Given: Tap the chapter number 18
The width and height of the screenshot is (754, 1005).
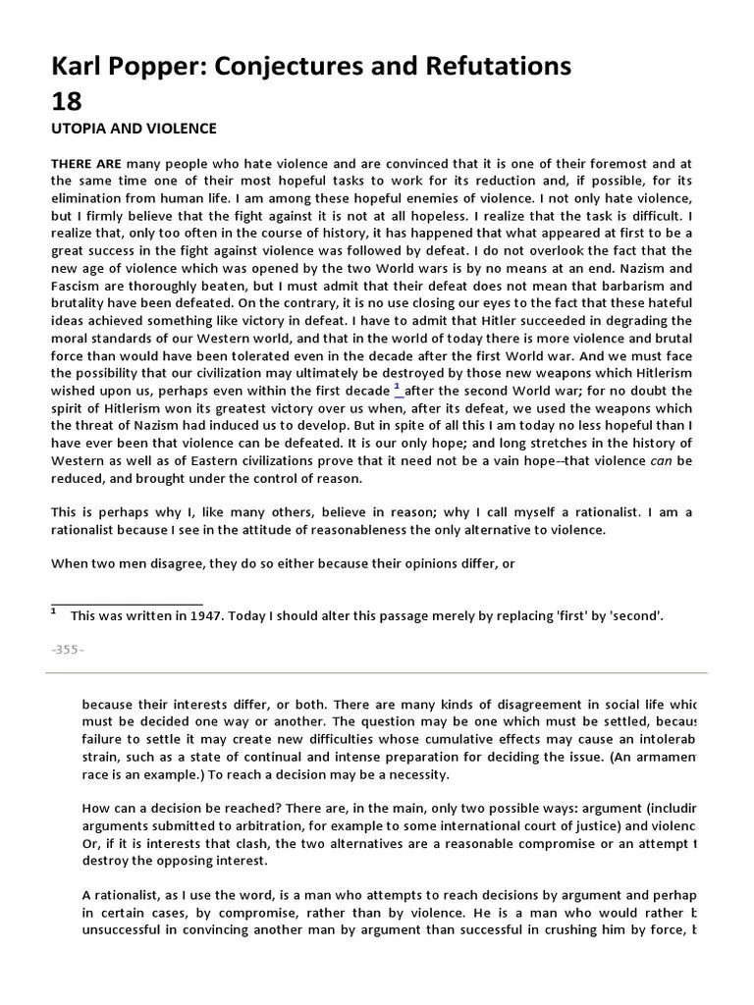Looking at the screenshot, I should (x=66, y=101).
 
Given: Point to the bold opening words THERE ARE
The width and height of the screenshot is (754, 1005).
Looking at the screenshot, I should (x=86, y=164).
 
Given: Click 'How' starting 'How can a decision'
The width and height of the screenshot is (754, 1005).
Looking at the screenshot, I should (x=96, y=808).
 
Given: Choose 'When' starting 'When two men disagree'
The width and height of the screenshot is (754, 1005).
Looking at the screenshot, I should (x=71, y=562).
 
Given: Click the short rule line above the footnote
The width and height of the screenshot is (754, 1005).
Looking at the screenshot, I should (x=127, y=605).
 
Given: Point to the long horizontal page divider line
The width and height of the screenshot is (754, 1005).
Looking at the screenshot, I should (x=376, y=673).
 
